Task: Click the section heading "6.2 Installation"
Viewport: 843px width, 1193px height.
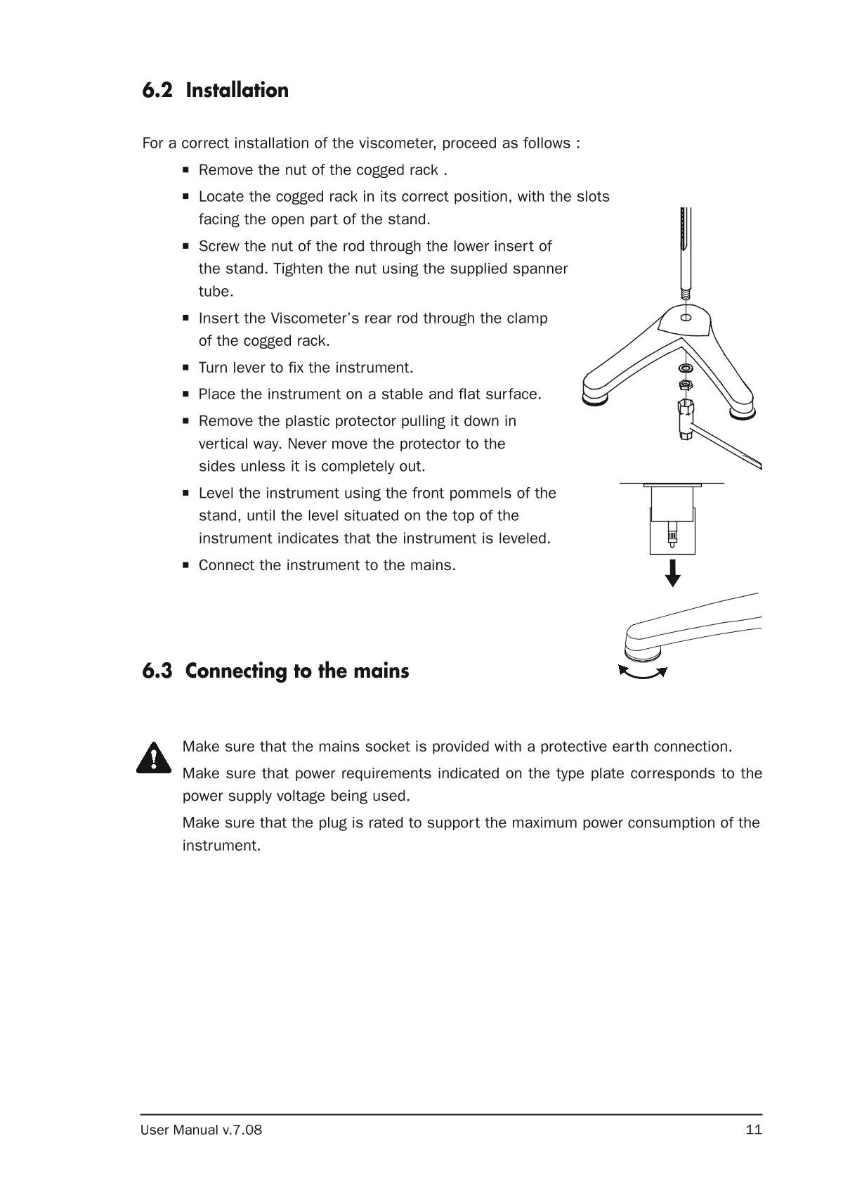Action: tap(215, 91)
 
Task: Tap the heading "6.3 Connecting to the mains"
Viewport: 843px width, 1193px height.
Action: tap(275, 671)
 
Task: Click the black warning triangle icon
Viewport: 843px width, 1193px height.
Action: tap(153, 758)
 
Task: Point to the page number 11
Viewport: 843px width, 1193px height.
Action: tap(754, 1130)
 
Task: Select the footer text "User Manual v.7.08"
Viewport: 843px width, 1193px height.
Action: tap(201, 1130)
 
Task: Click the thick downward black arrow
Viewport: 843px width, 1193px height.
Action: tap(673, 573)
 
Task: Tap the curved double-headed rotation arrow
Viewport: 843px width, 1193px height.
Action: tap(643, 673)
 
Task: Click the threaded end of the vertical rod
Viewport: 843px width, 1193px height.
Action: tap(686, 292)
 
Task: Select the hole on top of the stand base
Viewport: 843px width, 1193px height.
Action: tap(686, 317)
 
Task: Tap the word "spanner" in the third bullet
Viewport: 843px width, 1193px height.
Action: tap(539, 269)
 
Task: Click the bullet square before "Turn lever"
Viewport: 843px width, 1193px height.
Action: tap(186, 367)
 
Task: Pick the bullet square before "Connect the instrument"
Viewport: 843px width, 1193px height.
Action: tap(186, 565)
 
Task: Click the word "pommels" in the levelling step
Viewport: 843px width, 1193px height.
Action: tap(484, 493)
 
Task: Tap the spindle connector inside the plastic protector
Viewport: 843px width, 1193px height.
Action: tap(672, 536)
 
